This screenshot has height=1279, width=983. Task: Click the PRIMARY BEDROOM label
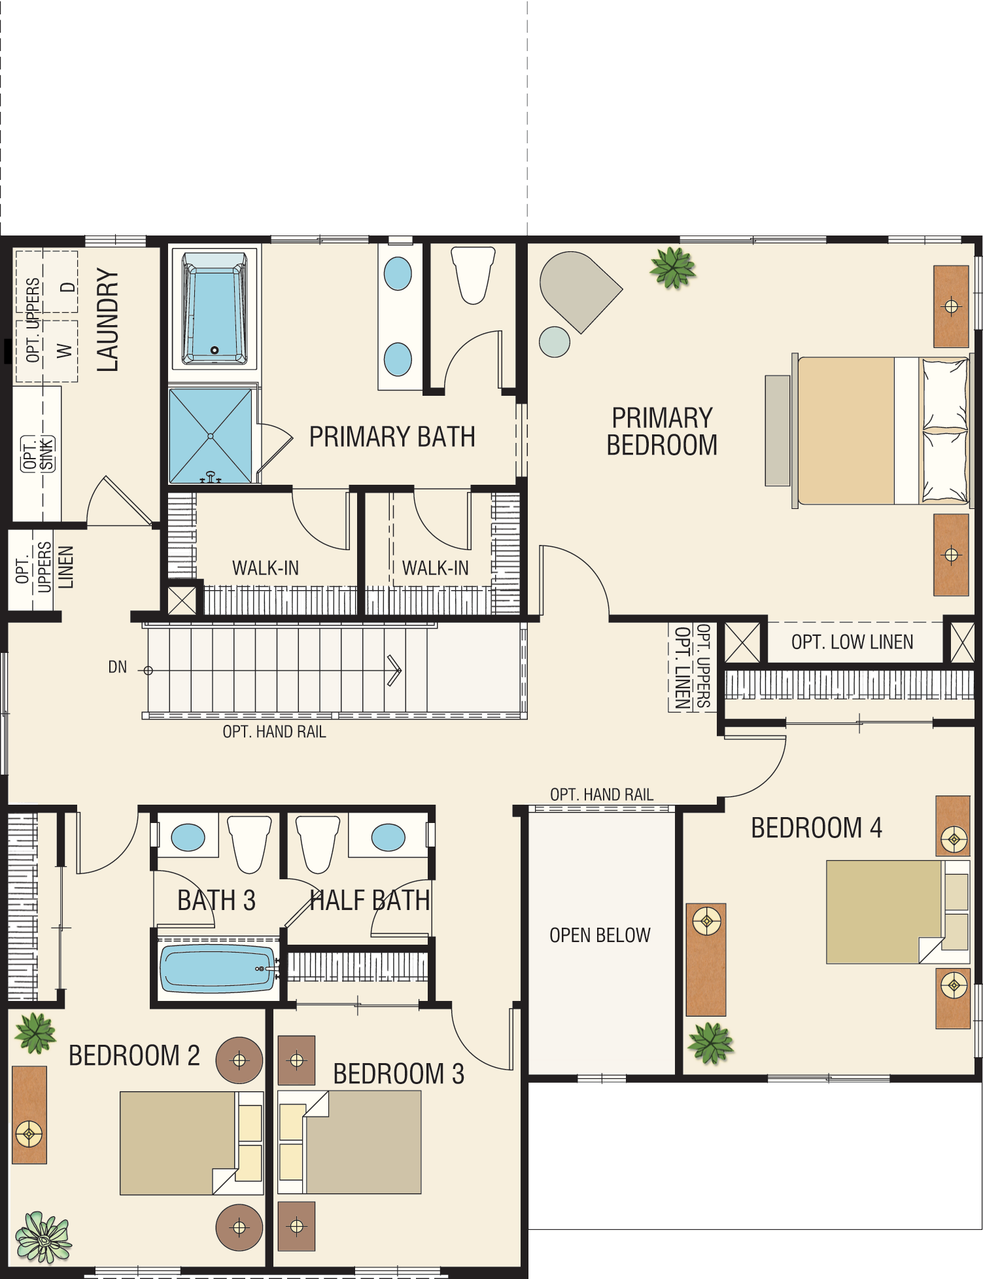(662, 431)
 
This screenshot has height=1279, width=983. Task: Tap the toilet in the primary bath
(473, 275)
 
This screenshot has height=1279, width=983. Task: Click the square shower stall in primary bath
(211, 436)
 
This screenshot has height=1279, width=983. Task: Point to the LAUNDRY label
(108, 321)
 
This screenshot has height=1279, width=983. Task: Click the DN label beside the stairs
(118, 667)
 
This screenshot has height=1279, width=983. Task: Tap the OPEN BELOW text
(600, 936)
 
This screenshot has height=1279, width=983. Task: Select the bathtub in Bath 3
(217, 969)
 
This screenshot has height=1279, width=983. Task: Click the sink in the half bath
(388, 837)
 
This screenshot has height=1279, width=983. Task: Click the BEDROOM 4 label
(816, 828)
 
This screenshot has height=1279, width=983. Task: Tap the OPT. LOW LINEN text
(852, 642)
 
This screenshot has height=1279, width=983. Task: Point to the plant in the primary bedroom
(672, 268)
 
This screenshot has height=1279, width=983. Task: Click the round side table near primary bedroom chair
(555, 342)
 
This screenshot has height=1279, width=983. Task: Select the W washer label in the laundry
(64, 351)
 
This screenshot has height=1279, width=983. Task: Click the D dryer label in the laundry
(67, 288)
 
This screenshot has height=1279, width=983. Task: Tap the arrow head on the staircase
(395, 671)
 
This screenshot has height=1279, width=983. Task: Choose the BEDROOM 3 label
(398, 1074)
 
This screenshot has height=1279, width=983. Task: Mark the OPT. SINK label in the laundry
(38, 453)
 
